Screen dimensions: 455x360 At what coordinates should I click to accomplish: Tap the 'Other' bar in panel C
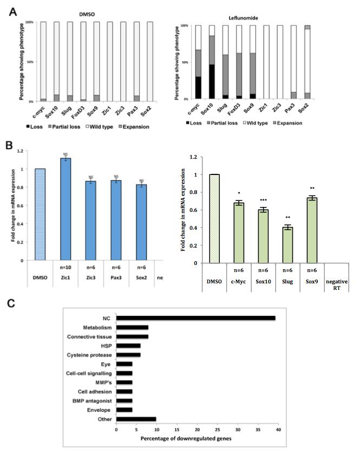coord(136,419)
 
